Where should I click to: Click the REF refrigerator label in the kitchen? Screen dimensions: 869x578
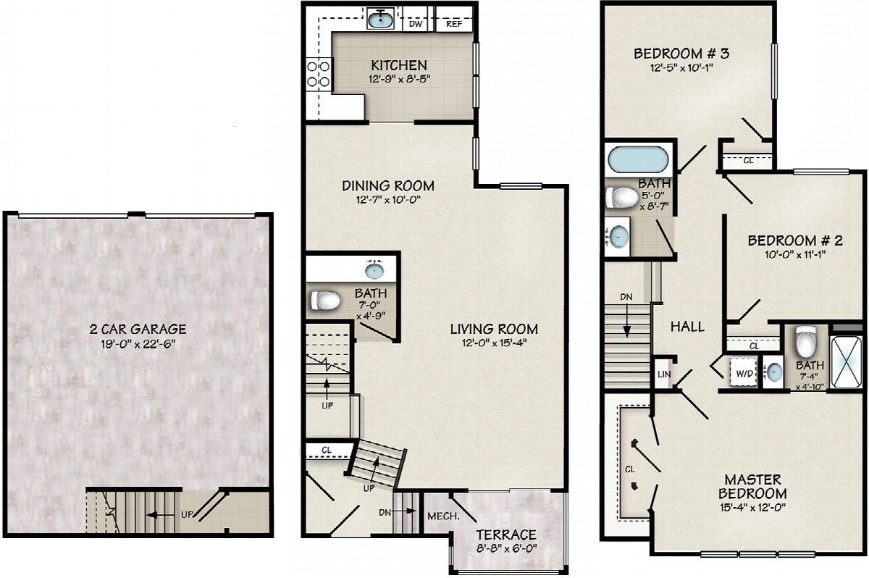point(454,24)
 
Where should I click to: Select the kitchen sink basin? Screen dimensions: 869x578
point(380,19)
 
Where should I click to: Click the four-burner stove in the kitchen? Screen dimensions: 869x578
point(319,75)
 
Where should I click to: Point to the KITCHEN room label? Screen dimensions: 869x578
point(399,64)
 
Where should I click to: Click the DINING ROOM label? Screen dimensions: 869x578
point(388,186)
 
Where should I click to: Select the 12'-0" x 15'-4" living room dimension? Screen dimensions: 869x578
point(494,343)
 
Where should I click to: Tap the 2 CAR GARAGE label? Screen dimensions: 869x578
point(138,330)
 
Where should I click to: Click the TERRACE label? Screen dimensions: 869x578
point(506,535)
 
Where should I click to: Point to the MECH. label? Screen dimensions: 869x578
point(443,516)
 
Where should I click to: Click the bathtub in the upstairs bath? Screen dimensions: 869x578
point(638,159)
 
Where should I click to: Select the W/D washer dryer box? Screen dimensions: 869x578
point(744,372)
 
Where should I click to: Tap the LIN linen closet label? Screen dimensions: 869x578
point(664,374)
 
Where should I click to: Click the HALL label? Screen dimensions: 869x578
point(687,327)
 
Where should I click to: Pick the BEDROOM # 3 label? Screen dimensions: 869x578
point(681,54)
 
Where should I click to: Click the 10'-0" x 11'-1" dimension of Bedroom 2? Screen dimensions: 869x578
point(795,254)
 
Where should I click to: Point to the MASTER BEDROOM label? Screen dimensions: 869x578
point(752,487)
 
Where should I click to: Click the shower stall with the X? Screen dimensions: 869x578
point(846,361)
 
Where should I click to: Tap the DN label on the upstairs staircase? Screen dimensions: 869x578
point(626,297)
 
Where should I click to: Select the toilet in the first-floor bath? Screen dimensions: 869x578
point(325,301)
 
